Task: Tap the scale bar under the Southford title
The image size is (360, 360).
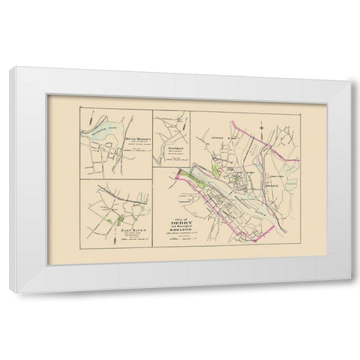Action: pos(172,166)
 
